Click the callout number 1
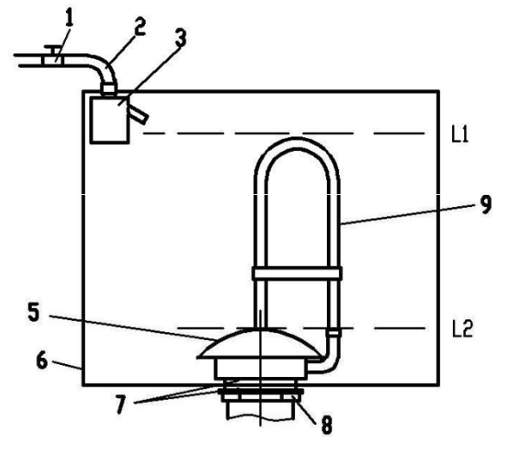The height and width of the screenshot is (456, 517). tap(69, 18)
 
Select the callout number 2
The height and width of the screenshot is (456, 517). tap(140, 27)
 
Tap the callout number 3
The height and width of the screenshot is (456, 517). tap(180, 38)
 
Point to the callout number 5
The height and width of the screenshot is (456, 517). tap(34, 312)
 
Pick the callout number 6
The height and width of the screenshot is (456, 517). tap(42, 361)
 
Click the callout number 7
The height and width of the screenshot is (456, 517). tap(121, 404)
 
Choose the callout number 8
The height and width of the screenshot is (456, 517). tap(326, 425)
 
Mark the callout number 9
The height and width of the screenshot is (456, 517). tap(486, 205)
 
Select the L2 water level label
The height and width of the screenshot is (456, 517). tap(462, 329)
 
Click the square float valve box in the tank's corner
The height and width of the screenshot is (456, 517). tap(109, 120)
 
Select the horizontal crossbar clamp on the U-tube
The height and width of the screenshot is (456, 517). tap(297, 273)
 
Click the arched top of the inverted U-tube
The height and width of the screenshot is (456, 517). tap(297, 144)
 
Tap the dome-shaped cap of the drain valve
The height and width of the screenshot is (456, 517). tap(259, 343)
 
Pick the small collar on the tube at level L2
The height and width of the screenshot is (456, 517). tap(333, 332)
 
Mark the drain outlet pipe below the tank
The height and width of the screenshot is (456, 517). tap(260, 411)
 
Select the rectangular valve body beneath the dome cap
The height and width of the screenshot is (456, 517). tap(260, 369)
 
